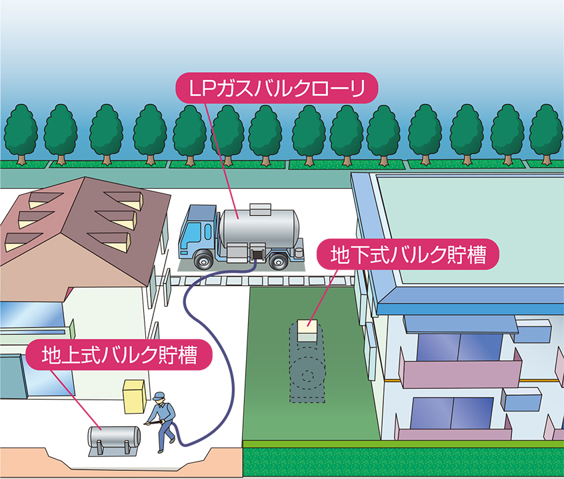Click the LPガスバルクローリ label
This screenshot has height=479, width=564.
click(276, 88)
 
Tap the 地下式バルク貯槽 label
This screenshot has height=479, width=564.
click(408, 254)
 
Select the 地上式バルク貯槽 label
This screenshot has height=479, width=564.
click(119, 355)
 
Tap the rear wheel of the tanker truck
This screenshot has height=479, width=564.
click(279, 262)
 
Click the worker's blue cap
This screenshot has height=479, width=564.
click(158, 396)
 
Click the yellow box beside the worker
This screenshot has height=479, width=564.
click(135, 396)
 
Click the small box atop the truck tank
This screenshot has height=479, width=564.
click(260, 209)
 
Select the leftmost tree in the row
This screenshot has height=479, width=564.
click(21, 134)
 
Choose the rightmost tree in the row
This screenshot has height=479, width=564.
click(547, 134)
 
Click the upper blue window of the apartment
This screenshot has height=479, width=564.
click(460, 348)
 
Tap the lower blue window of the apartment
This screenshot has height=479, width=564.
click(452, 413)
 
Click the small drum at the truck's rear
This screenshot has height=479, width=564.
click(299, 252)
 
